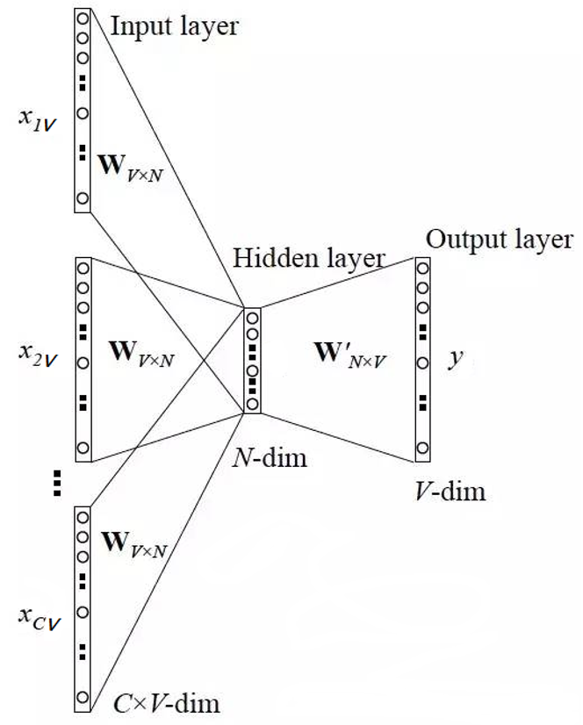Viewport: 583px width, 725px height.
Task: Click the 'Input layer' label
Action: coord(174,25)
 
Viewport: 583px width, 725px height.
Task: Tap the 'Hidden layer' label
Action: coord(308,258)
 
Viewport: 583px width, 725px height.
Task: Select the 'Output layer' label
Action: coord(499,240)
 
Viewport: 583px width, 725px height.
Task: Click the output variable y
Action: coord(455,360)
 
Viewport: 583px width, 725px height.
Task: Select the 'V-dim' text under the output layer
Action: coord(450,490)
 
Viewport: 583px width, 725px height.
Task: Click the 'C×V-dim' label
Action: coord(167,702)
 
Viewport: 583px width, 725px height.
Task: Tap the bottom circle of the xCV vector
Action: coord(83,699)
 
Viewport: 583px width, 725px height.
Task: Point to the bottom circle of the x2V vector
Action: coord(83,449)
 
